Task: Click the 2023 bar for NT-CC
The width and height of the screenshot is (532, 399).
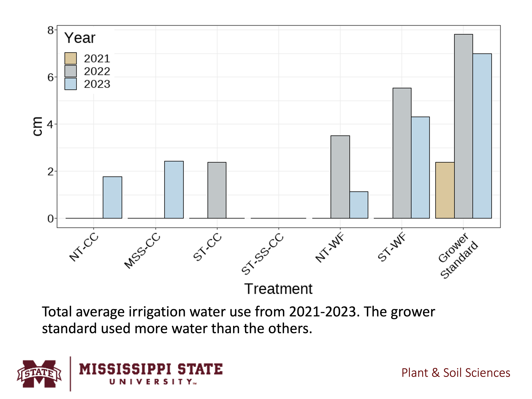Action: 112,198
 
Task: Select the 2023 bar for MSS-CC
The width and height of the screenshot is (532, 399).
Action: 174,190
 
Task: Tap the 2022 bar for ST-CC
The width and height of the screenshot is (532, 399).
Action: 217,190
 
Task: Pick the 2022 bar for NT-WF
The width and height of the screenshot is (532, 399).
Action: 340,177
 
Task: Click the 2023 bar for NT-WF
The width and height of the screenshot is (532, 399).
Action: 359,205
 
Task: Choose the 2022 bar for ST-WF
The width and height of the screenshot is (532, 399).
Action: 402,153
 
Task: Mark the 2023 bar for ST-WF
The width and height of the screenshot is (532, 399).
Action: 420,168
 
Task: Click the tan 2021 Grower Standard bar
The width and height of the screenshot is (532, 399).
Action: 445,190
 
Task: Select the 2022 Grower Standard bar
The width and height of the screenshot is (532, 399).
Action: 463,126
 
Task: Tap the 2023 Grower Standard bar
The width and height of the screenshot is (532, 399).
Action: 482,136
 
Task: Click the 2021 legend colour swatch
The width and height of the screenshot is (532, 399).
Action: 70,58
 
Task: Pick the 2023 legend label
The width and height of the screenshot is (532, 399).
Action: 97,84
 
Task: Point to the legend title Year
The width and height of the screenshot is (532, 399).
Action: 80,38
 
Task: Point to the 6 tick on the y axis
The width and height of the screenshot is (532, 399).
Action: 50,77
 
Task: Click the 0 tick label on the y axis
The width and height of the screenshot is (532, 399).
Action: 50,219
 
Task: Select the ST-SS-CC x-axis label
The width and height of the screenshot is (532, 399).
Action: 262,254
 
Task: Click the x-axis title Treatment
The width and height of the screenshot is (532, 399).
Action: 278,289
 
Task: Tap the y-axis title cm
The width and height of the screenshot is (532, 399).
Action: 37,127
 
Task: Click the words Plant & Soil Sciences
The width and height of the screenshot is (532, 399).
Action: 456,373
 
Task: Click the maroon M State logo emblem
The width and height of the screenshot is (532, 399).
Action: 39,374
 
